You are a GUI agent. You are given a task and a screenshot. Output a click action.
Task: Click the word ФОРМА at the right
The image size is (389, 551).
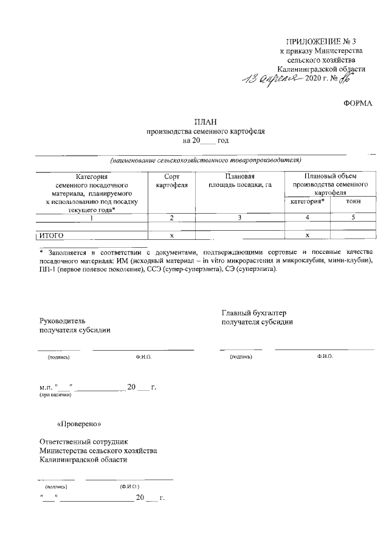(358, 104)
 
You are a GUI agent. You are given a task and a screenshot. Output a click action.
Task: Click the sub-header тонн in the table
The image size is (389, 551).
(352, 201)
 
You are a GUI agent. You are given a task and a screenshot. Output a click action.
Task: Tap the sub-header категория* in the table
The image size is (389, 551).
(307, 201)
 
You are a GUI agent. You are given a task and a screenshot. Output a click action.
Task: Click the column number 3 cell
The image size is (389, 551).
(239, 217)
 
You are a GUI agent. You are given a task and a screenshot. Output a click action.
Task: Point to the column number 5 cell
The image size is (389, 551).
(352, 217)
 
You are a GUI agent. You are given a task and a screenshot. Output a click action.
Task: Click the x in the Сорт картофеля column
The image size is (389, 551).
(172, 235)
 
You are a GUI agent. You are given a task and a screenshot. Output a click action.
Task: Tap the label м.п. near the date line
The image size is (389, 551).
(45, 387)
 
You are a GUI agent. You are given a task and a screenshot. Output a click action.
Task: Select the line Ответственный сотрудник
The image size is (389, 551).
(83, 441)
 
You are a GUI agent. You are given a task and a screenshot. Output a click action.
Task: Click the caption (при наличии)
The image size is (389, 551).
(55, 396)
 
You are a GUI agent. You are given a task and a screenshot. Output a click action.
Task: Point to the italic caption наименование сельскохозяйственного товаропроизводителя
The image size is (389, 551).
(205, 160)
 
